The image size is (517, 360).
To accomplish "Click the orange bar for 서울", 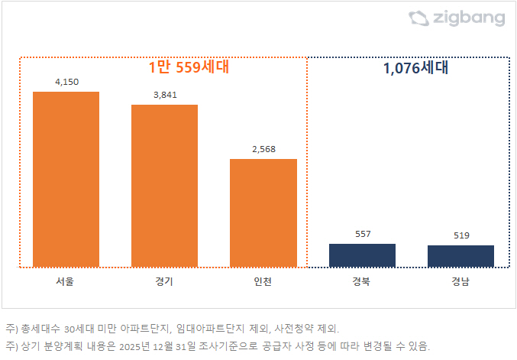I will pyautogui.click(x=66, y=180).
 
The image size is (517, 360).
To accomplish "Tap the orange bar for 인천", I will pyautogui.click(x=263, y=213).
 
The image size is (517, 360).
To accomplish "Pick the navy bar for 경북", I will pyautogui.click(x=362, y=255).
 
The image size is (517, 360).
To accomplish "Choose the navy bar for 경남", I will pyautogui.click(x=460, y=256).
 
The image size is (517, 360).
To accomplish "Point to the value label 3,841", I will pyautogui.click(x=164, y=94).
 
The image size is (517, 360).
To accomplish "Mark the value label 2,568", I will pyautogui.click(x=263, y=148).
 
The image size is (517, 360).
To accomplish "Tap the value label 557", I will pyautogui.click(x=362, y=233).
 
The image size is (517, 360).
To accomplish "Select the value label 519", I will pyautogui.click(x=460, y=235).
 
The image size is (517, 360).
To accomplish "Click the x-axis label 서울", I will pyautogui.click(x=66, y=282).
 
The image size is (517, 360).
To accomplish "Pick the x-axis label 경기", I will pyautogui.click(x=164, y=282).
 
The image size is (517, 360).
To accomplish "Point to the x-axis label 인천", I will pyautogui.click(x=263, y=282).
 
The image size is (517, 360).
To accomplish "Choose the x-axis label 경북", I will pyautogui.click(x=362, y=282).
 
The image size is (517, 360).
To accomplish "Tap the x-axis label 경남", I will pyautogui.click(x=460, y=282).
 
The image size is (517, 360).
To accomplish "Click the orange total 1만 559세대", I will pyautogui.click(x=189, y=67).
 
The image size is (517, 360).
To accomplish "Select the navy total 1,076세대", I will pyautogui.click(x=415, y=67).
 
